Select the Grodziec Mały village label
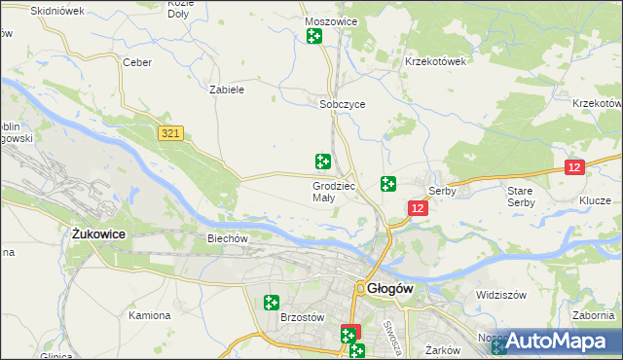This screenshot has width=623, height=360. (x=335, y=192)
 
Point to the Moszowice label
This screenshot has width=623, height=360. (x=331, y=21)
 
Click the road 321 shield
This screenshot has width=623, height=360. (x=171, y=132)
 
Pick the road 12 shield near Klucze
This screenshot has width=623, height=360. (x=574, y=168)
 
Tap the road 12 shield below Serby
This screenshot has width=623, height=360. (x=418, y=208)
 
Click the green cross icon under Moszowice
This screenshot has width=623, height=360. (x=314, y=37)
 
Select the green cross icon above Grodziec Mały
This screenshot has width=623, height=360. (x=322, y=162)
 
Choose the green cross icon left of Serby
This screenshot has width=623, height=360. (x=387, y=183)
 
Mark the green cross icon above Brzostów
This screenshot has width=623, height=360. (x=272, y=304)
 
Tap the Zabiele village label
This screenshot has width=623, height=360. (x=226, y=90)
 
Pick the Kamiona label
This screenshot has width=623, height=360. (x=150, y=315)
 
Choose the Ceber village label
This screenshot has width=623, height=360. (x=135, y=62)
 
